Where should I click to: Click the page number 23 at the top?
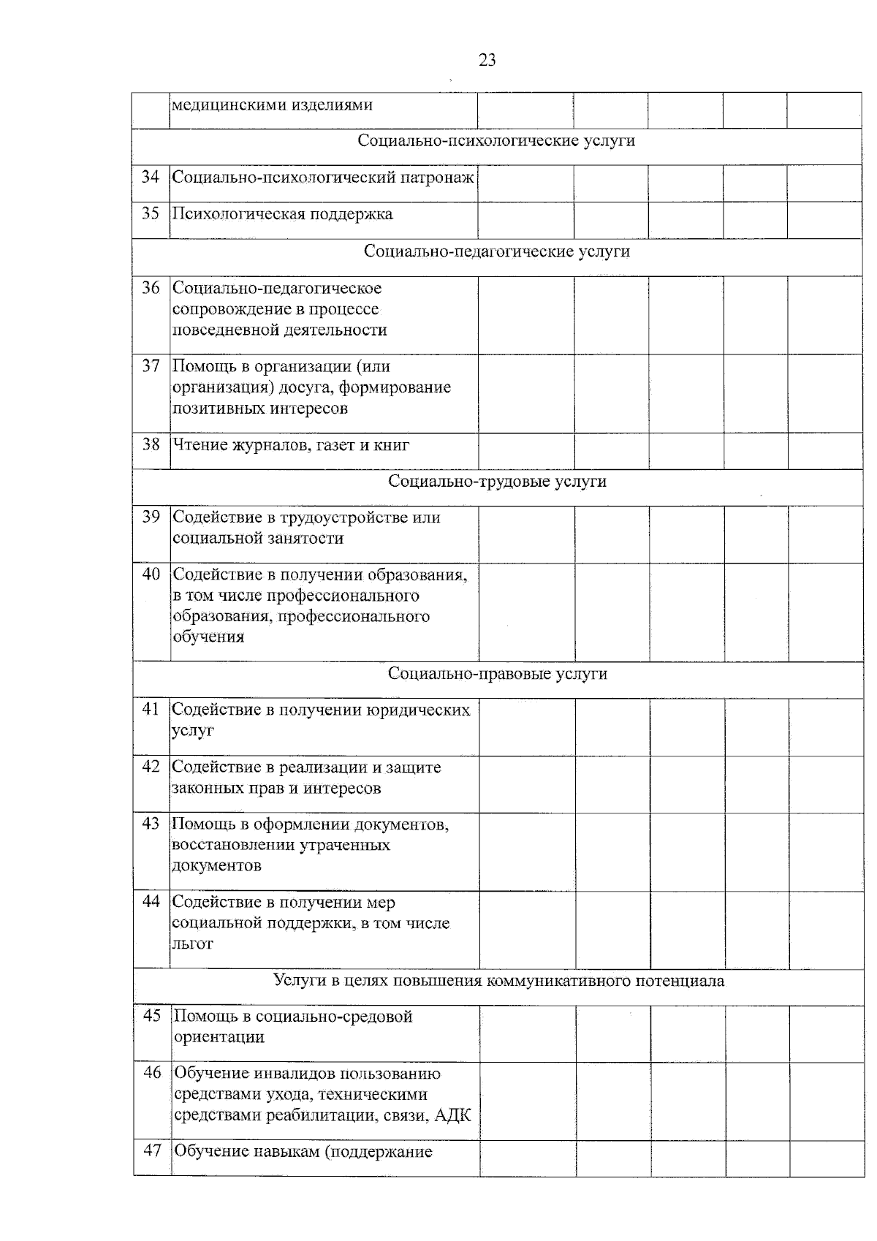487,60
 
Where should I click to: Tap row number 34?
151,177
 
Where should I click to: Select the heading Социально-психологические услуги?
496,140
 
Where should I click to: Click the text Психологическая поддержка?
282,214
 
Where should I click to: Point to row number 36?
151,288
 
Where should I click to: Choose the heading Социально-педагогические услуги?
497,251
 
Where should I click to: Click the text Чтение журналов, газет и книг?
290,444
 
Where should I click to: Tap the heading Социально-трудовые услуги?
497,481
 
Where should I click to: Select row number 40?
151,574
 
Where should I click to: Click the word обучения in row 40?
208,637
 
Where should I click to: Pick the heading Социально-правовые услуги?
497,673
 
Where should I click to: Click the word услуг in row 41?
193,730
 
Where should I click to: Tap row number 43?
151,824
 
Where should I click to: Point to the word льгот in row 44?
193,944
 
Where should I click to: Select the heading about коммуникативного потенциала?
498,980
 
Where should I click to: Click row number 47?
151,1151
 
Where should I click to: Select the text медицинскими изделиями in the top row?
272,105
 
